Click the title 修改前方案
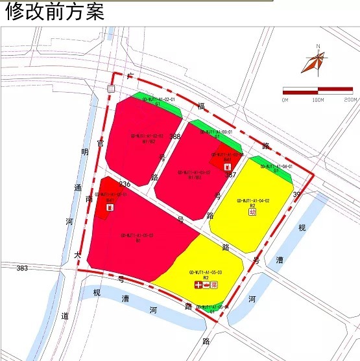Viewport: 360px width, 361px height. pyautogui.click(x=54, y=12)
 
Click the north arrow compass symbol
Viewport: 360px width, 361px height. pyautogui.click(x=315, y=61)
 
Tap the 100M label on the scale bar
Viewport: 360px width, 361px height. pyautogui.click(x=318, y=100)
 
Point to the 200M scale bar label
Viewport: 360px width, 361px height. pyautogui.click(x=350, y=100)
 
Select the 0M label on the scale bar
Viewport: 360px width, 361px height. pyautogui.click(x=285, y=100)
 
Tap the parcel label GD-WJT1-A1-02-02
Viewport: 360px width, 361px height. pyautogui.click(x=146, y=136)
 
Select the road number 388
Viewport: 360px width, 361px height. pyautogui.click(x=175, y=137)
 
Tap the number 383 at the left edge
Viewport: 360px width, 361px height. pyautogui.click(x=22, y=268)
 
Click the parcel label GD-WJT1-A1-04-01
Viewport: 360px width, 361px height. pyautogui.click(x=276, y=167)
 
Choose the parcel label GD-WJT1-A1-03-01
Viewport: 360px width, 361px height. pyautogui.click(x=216, y=132)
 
